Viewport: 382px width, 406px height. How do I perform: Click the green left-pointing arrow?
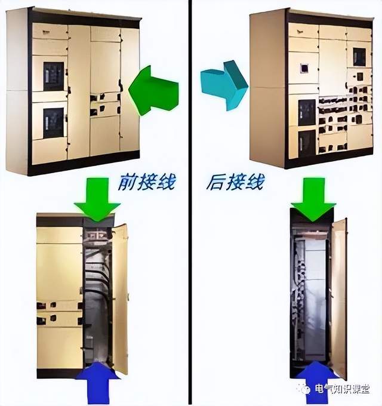click(153, 91)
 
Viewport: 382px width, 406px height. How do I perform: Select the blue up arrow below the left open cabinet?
click(98, 383)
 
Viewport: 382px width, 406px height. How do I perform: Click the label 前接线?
click(147, 182)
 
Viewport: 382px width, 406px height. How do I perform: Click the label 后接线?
click(236, 182)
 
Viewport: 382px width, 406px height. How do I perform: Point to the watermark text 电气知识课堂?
click(342, 389)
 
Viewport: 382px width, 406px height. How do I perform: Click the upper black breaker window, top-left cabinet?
click(54, 76)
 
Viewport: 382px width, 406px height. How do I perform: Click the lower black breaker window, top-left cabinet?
click(53, 123)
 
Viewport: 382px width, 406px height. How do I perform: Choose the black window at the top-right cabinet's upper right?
click(359, 57)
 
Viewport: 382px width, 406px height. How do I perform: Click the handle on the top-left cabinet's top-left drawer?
click(47, 32)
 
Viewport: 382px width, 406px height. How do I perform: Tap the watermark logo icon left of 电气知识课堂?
click(306, 389)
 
